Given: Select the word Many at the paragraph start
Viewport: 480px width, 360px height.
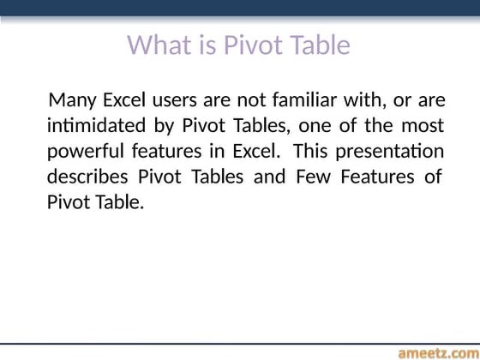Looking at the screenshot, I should point(71,99).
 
